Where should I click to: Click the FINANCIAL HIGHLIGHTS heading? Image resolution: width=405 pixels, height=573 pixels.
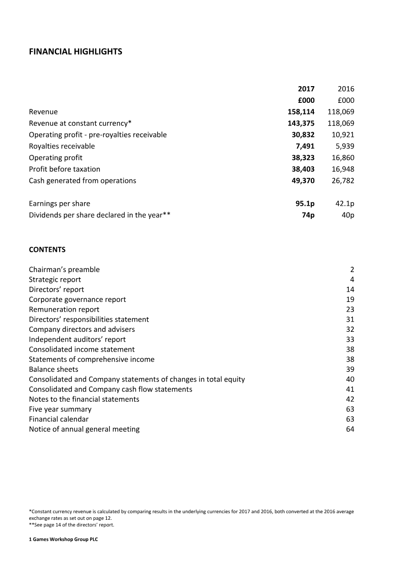pyautogui.click(x=75, y=52)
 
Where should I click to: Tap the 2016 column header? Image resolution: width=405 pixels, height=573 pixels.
pyautogui.click(x=345, y=89)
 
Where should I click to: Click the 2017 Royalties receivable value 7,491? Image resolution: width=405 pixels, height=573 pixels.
pyautogui.click(x=304, y=146)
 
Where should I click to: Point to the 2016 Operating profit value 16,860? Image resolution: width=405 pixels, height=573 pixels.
pyautogui.click(x=343, y=158)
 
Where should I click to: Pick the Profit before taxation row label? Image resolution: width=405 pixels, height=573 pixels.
pyautogui.click(x=64, y=169)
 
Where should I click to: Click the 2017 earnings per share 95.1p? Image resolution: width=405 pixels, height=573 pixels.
pyautogui.click(x=305, y=203)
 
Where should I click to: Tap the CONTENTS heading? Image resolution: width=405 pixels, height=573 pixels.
pyautogui.click(x=47, y=249)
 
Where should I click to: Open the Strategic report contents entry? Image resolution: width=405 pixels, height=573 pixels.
pyautogui.click(x=55, y=279)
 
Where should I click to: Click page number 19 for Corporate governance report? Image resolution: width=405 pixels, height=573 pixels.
pyautogui.click(x=350, y=299)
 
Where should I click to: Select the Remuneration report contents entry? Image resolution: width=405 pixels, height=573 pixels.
pyautogui.click(x=64, y=309)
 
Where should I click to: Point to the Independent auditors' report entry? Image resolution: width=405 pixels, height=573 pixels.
pyautogui.click(x=77, y=339)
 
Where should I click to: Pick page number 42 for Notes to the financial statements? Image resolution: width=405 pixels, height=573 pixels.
pyautogui.click(x=350, y=399)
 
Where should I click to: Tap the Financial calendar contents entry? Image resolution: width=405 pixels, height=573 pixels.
pyautogui.click(x=58, y=419)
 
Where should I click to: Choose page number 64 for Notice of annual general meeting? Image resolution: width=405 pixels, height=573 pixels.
pyautogui.click(x=350, y=429)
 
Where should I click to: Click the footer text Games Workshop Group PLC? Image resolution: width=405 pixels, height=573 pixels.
pyautogui.click(x=65, y=540)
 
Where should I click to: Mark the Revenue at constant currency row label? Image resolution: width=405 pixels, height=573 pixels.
pyautogui.click(x=80, y=123)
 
